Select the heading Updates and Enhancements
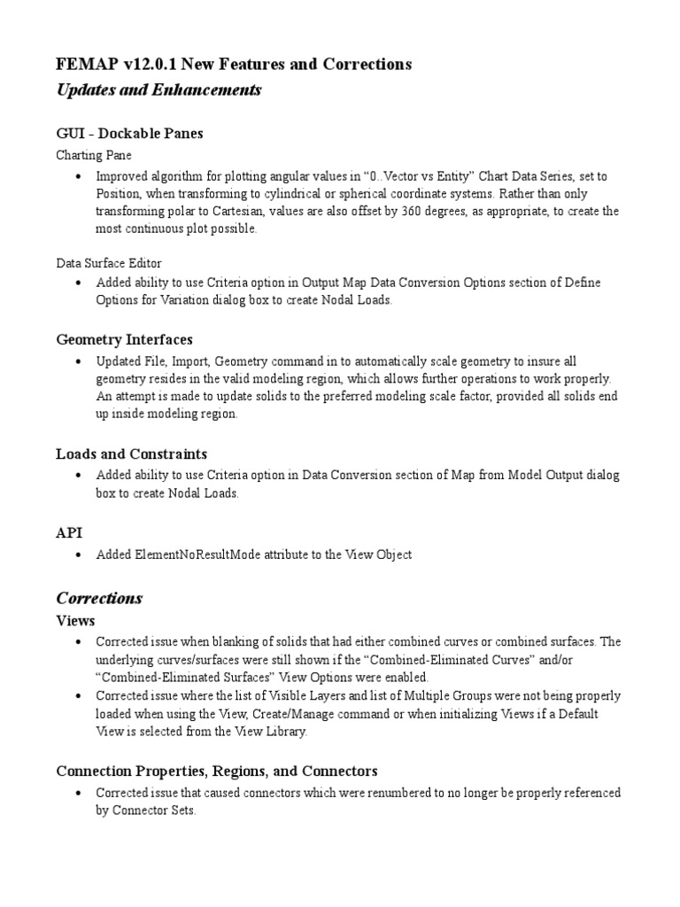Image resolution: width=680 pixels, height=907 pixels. [x=158, y=90]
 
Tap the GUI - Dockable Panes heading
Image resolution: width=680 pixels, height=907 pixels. [x=129, y=133]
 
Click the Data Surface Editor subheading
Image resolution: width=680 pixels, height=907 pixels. [x=109, y=263]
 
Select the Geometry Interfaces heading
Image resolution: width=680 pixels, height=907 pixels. [x=124, y=339]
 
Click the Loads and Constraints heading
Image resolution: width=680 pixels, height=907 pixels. [x=131, y=453]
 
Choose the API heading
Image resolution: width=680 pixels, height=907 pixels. [x=69, y=533]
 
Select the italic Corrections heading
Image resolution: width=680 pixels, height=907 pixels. [x=99, y=598]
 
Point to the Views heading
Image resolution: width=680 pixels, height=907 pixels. [x=75, y=620]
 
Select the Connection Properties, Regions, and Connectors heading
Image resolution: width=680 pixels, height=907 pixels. [x=217, y=771]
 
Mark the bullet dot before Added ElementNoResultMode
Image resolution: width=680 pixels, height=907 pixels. [x=80, y=555]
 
